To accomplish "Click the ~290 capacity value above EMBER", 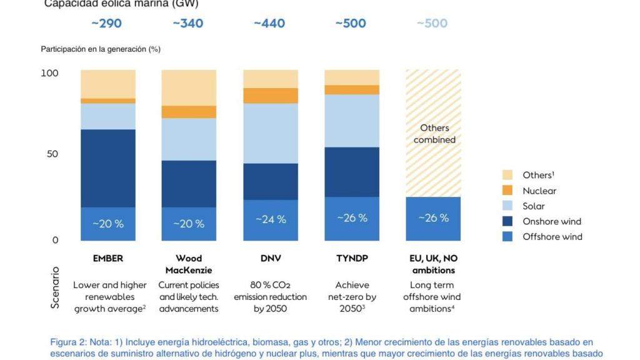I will point(106,24).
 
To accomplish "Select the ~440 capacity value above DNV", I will point(269,24).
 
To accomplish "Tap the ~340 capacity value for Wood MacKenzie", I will point(187,24).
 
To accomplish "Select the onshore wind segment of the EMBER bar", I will point(107,168).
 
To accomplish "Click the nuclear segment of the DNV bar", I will point(270,96).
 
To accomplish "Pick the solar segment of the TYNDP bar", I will point(352,121).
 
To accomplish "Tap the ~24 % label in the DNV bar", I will point(270,219).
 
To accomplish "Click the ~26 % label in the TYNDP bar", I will point(352,218).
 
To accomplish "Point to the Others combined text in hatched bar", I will point(434,134).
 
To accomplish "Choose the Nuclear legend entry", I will point(539,191).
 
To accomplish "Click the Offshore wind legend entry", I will point(552,236).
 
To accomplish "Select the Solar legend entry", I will point(533,206).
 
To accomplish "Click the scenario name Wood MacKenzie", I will point(189,264).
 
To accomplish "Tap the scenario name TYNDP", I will point(352,258).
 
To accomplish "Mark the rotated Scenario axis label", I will point(56,288).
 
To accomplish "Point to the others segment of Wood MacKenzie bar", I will point(189,87).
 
